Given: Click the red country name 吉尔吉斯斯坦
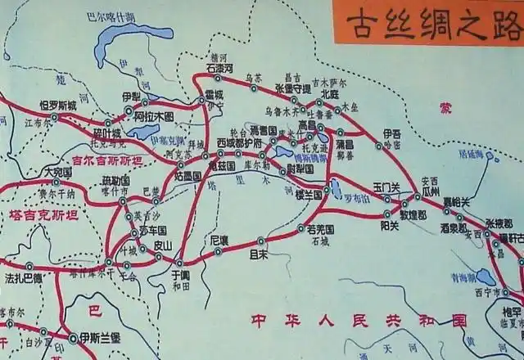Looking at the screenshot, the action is pyautogui.click(x=107, y=160).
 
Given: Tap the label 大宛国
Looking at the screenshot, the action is pyautogui.click(x=58, y=173).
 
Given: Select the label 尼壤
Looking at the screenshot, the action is pyautogui.click(x=219, y=241).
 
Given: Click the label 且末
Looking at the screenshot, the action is pyautogui.click(x=260, y=254).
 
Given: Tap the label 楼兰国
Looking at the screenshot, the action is pyautogui.click(x=309, y=194).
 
